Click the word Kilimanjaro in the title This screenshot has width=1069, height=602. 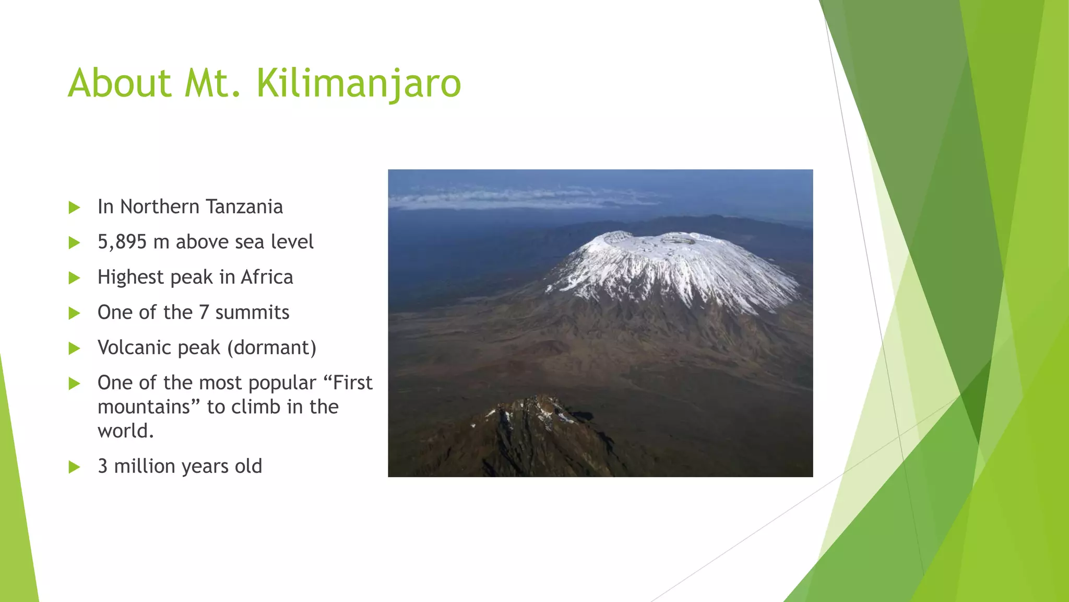(359, 84)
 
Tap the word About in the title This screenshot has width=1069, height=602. (120, 84)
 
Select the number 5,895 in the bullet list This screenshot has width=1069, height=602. (122, 242)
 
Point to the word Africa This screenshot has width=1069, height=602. (267, 277)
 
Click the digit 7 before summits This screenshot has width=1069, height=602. (204, 312)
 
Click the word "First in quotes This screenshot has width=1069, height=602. (348, 383)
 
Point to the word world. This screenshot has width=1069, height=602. (125, 431)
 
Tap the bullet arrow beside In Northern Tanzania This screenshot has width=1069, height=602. (74, 207)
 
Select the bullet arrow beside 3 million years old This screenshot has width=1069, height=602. (74, 467)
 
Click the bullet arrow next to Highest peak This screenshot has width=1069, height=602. (74, 277)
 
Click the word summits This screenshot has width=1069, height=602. (252, 312)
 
